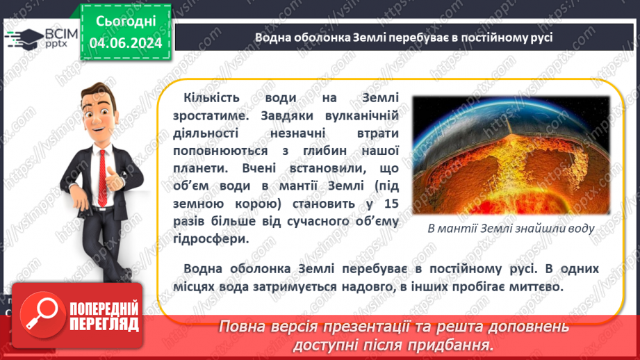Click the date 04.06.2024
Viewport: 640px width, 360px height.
pos(125,43)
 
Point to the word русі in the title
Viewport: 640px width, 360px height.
pos(539,37)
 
